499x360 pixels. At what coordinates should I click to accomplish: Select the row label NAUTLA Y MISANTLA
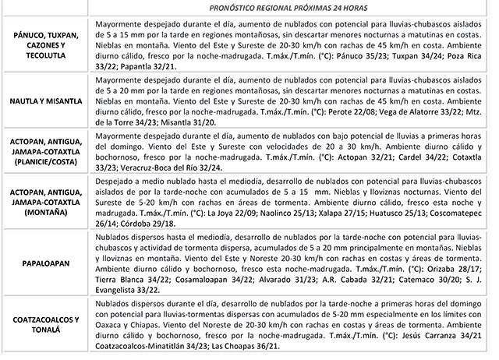pyautogui.click(x=45, y=101)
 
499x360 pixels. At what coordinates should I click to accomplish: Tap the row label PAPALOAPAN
pyautogui.click(x=45, y=263)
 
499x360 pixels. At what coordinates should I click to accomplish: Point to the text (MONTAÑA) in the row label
pyautogui.click(x=45, y=211)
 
